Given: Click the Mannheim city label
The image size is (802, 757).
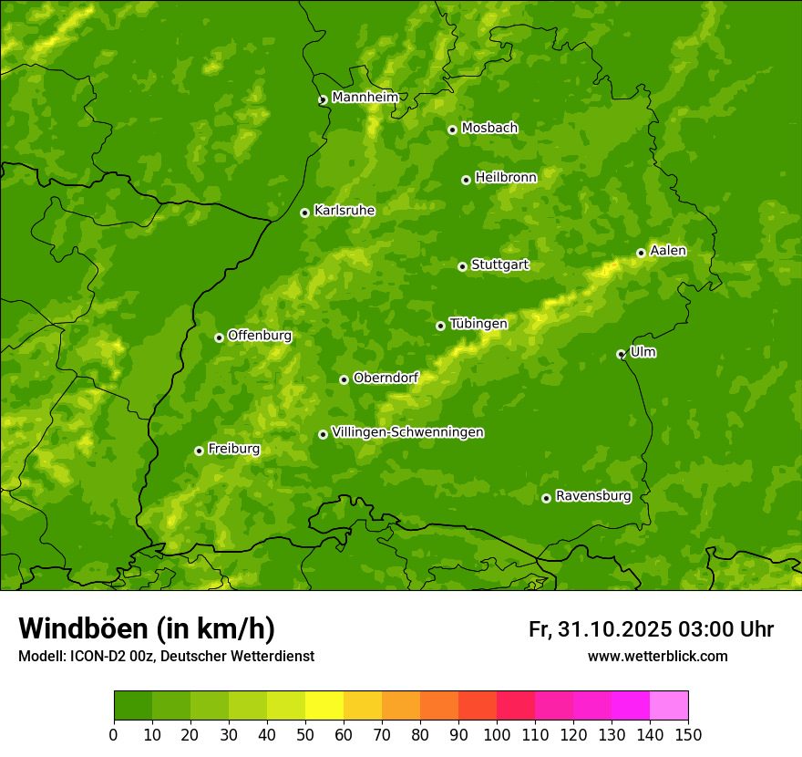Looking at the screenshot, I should (365, 98).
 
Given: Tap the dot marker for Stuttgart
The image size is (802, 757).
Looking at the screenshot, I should (462, 266).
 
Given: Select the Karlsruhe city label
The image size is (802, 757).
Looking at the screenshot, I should (344, 211).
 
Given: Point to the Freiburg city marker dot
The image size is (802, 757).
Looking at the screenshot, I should (199, 451).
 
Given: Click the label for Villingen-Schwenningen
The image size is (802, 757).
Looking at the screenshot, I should (407, 432).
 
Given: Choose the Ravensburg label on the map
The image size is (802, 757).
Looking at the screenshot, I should (592, 496).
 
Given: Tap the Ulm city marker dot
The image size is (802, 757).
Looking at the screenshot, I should (621, 354).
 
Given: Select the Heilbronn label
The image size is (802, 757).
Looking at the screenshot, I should (506, 178).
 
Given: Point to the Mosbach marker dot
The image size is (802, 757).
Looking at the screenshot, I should (452, 130).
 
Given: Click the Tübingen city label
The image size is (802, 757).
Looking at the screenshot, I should (478, 324).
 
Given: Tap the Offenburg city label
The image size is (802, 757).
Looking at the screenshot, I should (259, 336).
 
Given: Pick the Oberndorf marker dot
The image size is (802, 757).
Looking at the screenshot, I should (344, 379).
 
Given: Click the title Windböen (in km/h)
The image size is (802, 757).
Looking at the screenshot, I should (146, 628).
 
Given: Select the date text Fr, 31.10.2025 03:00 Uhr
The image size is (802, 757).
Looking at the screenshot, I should (651, 629).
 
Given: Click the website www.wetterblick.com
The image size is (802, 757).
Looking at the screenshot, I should (657, 656).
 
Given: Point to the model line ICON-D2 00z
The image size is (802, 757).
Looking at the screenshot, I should (166, 656).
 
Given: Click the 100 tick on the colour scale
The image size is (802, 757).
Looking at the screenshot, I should (497, 735).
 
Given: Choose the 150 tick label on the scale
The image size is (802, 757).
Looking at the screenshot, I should (688, 735).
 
